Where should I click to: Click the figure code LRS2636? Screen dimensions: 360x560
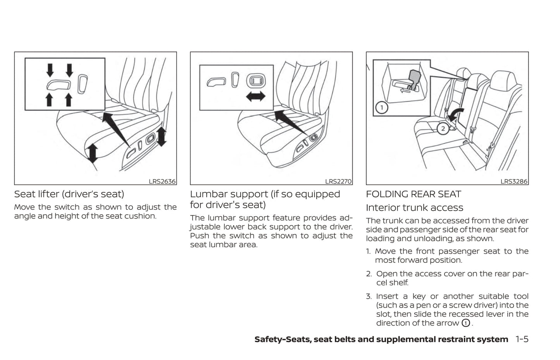162,181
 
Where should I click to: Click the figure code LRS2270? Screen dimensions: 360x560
338,181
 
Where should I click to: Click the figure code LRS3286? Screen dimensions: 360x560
514,181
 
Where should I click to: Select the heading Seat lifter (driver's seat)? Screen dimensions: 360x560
69,194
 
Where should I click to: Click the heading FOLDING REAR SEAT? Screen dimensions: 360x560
414,194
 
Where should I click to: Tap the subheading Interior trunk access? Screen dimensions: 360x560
414,207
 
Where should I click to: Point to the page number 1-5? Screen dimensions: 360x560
522,339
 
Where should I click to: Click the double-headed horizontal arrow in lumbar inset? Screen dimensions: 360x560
255,96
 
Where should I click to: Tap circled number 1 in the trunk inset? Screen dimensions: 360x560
382,107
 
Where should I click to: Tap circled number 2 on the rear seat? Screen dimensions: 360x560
443,128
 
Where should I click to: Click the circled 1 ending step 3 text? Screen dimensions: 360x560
465,323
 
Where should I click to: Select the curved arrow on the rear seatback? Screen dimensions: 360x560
454,115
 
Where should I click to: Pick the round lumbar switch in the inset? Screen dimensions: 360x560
256,81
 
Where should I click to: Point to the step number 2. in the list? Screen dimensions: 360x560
369,274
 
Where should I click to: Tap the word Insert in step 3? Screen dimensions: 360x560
387,296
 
